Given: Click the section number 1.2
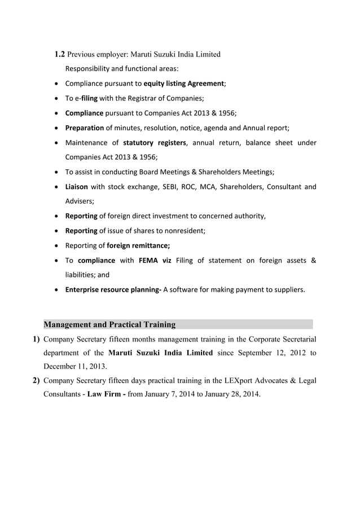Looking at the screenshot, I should (x=59, y=55).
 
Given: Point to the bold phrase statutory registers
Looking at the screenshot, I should (x=155, y=142).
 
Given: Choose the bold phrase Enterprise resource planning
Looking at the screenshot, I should (x=113, y=290).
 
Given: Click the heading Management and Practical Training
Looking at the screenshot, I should (x=109, y=324).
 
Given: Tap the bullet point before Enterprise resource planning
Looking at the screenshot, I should (x=57, y=290).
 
